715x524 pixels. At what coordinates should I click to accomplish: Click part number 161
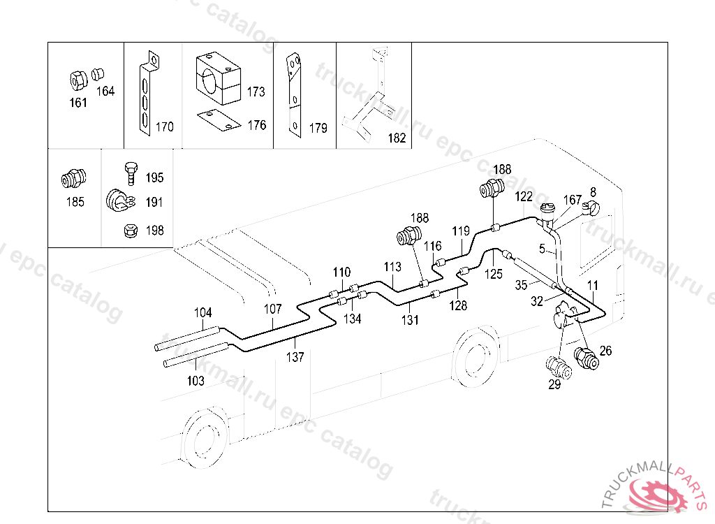78,103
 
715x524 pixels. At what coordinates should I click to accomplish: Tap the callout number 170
165,127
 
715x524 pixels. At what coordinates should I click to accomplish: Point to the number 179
318,128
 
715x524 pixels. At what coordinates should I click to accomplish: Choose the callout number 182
396,138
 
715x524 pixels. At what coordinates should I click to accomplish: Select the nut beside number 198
129,230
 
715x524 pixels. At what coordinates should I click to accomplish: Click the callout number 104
202,313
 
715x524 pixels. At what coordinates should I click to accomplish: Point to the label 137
295,357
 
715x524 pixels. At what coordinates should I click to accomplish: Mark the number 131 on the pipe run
410,320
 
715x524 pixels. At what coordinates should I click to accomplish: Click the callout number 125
494,274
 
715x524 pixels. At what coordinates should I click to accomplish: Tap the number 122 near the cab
524,196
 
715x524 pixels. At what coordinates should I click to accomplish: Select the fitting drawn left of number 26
584,358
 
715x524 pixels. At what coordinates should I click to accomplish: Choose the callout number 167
572,200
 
